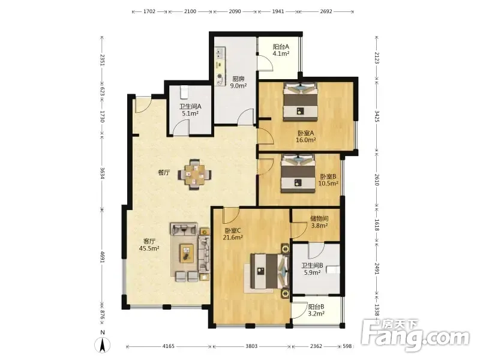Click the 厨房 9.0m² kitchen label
click(238, 82)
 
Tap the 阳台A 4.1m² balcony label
click(281, 50)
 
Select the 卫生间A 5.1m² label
click(190, 110)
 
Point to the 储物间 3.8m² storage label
click(319, 222)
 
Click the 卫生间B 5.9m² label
click(312, 269)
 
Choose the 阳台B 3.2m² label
click(316, 310)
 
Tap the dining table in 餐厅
click(194, 175)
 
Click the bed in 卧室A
click(301, 101)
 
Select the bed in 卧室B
click(298, 173)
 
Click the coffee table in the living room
click(187, 253)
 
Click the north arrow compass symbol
click(103, 343)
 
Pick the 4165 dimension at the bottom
click(169, 346)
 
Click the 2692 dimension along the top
click(326, 11)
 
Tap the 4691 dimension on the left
click(103, 257)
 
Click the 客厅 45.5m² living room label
click(149, 245)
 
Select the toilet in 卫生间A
click(184, 92)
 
